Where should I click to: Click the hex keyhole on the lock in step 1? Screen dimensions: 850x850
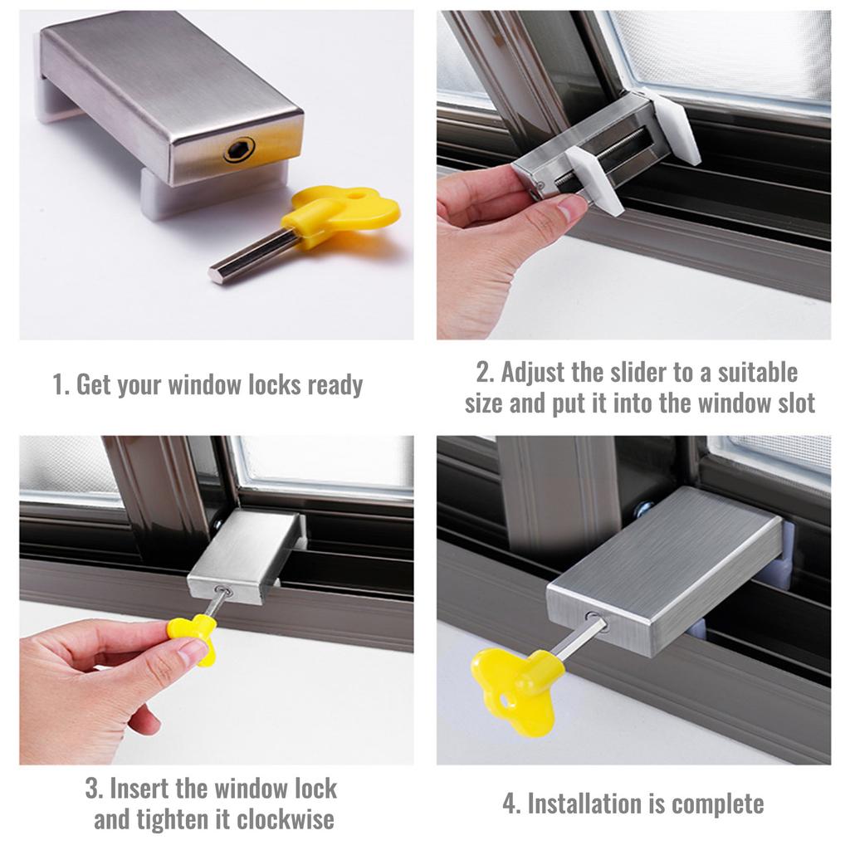(239, 149)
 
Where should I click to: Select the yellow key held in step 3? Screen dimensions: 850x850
(193, 634)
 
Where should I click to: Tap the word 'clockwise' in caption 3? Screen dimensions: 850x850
(285, 820)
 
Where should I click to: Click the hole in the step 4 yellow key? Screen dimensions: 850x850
(506, 702)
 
